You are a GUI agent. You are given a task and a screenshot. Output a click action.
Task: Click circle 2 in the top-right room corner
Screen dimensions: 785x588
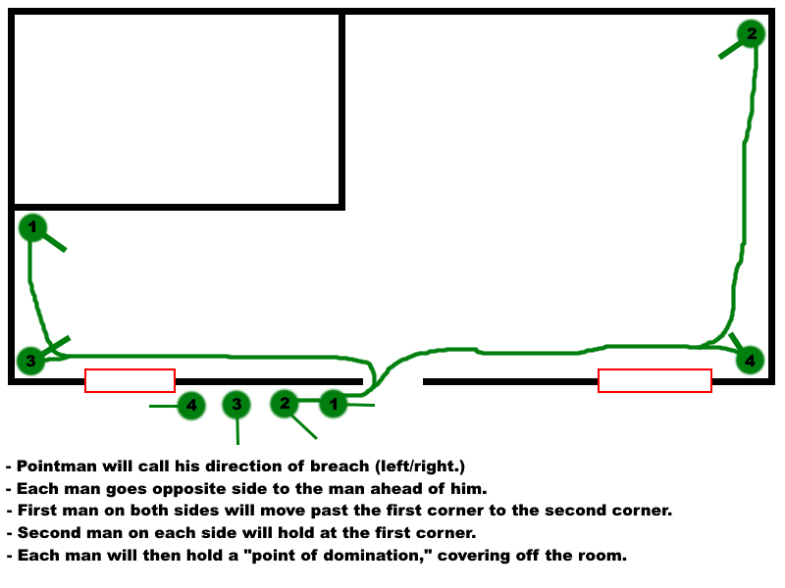click(752, 34)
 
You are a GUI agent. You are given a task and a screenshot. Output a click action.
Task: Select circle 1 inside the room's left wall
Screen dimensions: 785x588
click(32, 228)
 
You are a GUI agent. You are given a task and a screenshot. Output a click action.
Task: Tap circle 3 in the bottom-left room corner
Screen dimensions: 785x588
click(30, 361)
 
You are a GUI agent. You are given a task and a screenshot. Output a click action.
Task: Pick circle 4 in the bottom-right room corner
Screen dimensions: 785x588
click(750, 361)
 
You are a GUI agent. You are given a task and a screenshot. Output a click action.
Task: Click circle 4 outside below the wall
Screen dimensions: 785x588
click(191, 405)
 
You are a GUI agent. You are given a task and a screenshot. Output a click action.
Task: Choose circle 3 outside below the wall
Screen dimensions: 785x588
click(235, 404)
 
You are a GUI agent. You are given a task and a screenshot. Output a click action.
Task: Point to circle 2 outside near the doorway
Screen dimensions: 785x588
click(285, 402)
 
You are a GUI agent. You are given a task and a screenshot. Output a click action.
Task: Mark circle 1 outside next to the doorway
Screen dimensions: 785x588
click(335, 403)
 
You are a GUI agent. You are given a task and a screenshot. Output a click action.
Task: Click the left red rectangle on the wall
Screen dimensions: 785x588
click(130, 380)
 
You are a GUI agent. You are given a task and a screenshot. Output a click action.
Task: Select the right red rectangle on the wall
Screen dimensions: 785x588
click(654, 380)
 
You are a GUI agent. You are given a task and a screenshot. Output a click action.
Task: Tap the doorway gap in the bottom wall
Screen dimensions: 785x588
click(392, 380)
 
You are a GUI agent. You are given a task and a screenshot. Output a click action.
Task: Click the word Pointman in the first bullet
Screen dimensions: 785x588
click(54, 465)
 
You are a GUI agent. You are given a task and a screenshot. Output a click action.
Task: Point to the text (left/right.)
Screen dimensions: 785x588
click(409, 465)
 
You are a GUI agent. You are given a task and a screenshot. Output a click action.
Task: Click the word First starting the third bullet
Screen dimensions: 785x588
click(36, 511)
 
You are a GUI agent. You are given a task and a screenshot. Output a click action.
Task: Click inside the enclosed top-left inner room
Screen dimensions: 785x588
click(177, 108)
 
